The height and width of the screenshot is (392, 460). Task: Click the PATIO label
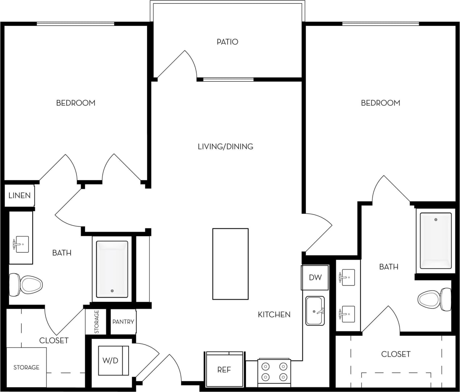click(227, 42)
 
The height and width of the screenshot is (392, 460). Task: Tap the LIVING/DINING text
click(225, 146)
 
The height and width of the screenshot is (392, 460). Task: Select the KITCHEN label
click(274, 314)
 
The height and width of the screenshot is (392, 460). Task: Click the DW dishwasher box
click(315, 278)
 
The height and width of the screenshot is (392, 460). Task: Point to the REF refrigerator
click(224, 370)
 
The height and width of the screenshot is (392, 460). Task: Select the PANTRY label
click(123, 322)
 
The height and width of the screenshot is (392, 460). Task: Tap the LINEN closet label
click(20, 196)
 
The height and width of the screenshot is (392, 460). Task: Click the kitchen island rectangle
click(230, 264)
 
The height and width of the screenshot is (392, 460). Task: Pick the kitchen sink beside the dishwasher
click(315, 310)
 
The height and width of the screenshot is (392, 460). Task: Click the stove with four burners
click(274, 371)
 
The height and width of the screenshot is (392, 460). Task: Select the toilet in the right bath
click(434, 299)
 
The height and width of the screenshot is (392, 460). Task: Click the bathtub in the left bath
click(112, 269)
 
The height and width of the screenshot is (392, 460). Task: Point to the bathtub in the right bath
click(436, 240)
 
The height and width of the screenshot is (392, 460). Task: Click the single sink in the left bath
click(21, 245)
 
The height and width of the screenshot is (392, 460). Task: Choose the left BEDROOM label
click(76, 103)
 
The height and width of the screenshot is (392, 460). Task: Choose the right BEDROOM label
click(380, 103)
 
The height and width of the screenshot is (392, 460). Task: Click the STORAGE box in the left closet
click(26, 367)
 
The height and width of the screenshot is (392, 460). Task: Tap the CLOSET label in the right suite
click(396, 354)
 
